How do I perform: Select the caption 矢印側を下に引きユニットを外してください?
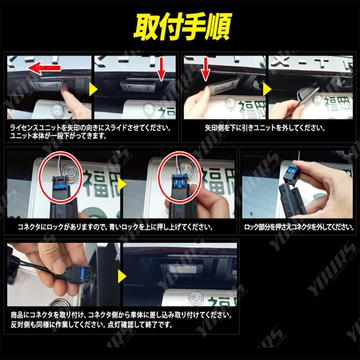point(265,128)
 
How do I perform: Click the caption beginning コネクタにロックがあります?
point(115,228)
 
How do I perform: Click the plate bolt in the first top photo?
point(57,110)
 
